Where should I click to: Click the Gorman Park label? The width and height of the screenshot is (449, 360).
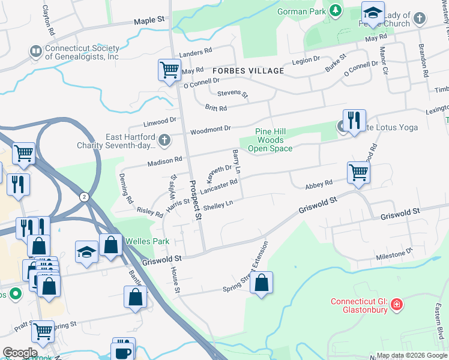(x=300, y=11)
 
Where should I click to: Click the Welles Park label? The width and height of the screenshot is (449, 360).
(x=148, y=241)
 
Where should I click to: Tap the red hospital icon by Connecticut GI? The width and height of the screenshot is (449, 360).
(x=396, y=305)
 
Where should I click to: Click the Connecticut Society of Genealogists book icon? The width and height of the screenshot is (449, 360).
(x=35, y=52)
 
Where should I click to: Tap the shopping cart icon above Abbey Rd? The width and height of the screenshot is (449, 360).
(x=358, y=173)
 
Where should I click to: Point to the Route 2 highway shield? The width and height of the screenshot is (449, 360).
(x=83, y=197)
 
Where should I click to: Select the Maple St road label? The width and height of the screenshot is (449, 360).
(x=149, y=20)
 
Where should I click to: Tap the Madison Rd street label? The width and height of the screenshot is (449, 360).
(x=165, y=161)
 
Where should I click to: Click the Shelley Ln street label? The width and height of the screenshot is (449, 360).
(x=218, y=205)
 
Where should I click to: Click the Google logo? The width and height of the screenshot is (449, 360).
(x=19, y=353)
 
